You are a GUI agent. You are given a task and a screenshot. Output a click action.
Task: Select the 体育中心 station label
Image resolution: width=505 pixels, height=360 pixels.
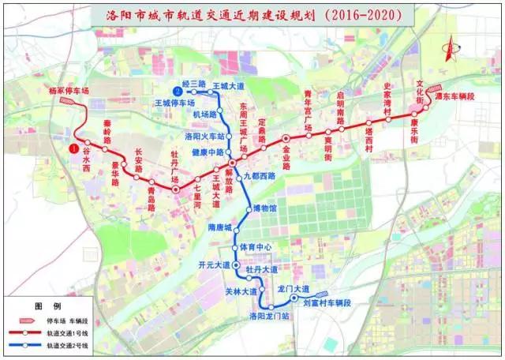point(255,247)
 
